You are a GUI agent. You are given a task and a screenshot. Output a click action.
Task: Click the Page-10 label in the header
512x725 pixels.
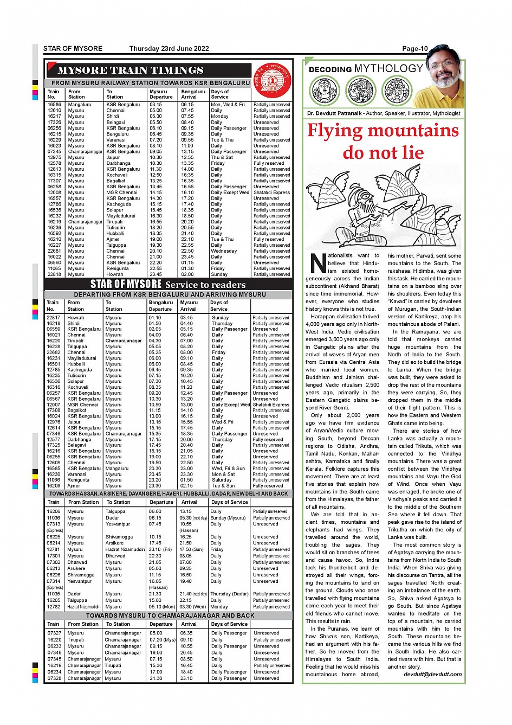[x=414, y=49]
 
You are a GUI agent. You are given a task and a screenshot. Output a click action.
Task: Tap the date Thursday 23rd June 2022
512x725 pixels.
[x=169, y=49]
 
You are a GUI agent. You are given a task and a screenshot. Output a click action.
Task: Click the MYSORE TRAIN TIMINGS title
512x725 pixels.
[x=130, y=70]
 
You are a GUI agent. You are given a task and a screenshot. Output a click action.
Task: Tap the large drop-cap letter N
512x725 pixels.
[x=319, y=263]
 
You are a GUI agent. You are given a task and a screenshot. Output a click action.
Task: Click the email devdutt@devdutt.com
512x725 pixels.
[x=432, y=674]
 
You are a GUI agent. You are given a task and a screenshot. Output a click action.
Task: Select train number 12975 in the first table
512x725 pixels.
[x=54, y=157]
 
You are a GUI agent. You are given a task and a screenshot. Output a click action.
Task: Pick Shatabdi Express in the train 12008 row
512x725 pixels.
[x=271, y=193]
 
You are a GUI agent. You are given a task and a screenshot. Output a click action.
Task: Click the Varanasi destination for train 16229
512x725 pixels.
[x=116, y=140]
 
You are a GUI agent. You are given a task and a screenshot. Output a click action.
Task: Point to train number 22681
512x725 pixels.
[x=54, y=251]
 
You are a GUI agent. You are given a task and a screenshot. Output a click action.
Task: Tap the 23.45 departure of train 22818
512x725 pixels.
[x=155, y=274]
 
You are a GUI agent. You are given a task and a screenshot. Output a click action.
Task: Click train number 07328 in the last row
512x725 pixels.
[x=54, y=678]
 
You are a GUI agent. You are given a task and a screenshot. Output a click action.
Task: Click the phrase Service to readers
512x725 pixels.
[x=205, y=285]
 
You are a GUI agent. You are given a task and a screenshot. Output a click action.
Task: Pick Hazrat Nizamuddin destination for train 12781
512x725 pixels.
[x=125, y=549]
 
